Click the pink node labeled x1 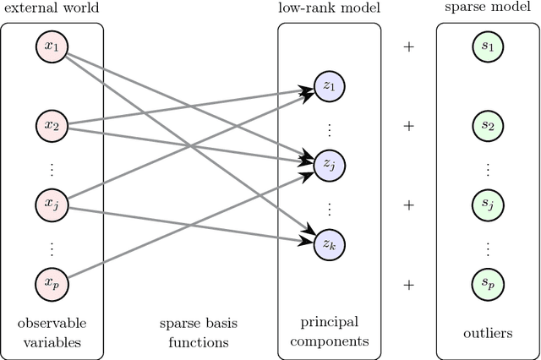point(52,46)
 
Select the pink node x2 point(52,126)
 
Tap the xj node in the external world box point(52,204)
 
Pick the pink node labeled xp point(52,282)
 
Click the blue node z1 point(329,85)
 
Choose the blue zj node point(329,164)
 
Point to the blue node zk point(329,243)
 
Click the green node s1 point(488,46)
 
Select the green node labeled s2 point(488,126)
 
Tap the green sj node point(488,204)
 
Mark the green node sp point(488,282)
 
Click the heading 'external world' point(52,8)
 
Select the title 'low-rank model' point(329,8)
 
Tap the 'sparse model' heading point(488,8)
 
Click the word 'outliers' point(488,333)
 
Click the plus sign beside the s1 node point(409,47)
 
